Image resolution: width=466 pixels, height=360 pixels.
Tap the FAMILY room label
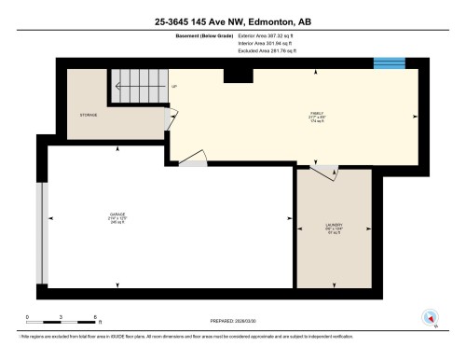tap(317, 116)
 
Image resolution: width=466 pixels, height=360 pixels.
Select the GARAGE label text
tap(116, 215)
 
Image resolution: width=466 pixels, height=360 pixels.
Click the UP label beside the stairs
tap(174, 88)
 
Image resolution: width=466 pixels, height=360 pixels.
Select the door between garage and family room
tap(194, 161)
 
